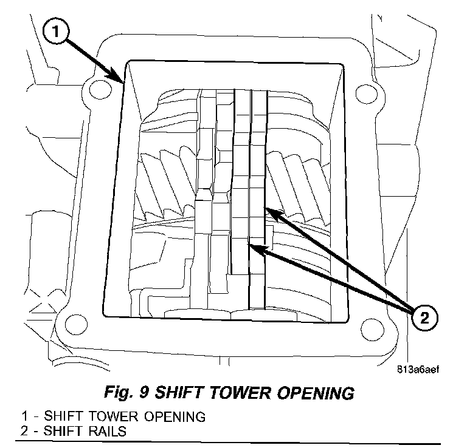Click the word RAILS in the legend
(x=112, y=431)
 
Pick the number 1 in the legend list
(x=24, y=418)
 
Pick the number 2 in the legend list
(x=24, y=431)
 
